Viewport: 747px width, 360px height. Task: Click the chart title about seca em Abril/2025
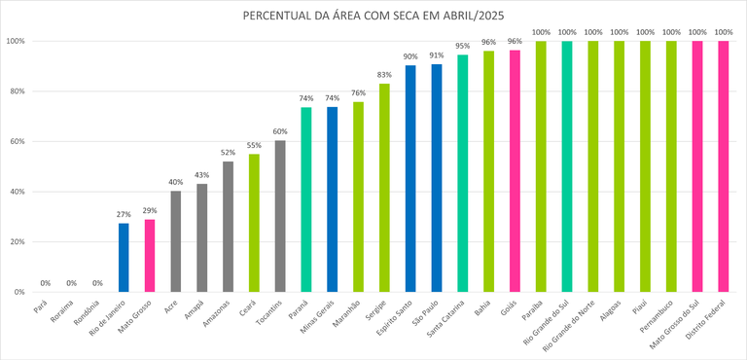point(374,17)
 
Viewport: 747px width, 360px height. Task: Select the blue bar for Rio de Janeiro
point(124,258)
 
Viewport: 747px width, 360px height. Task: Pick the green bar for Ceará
point(254,223)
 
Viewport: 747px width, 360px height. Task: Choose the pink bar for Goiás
point(515,171)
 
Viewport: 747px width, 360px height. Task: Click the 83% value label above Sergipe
point(384,75)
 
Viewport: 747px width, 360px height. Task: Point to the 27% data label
point(124,215)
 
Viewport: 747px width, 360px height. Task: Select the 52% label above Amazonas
point(228,153)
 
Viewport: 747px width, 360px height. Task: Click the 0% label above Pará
point(46,283)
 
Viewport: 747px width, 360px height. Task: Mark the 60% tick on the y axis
point(16,142)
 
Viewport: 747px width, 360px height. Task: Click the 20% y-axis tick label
point(16,242)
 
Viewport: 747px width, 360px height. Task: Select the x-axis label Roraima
point(60,312)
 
